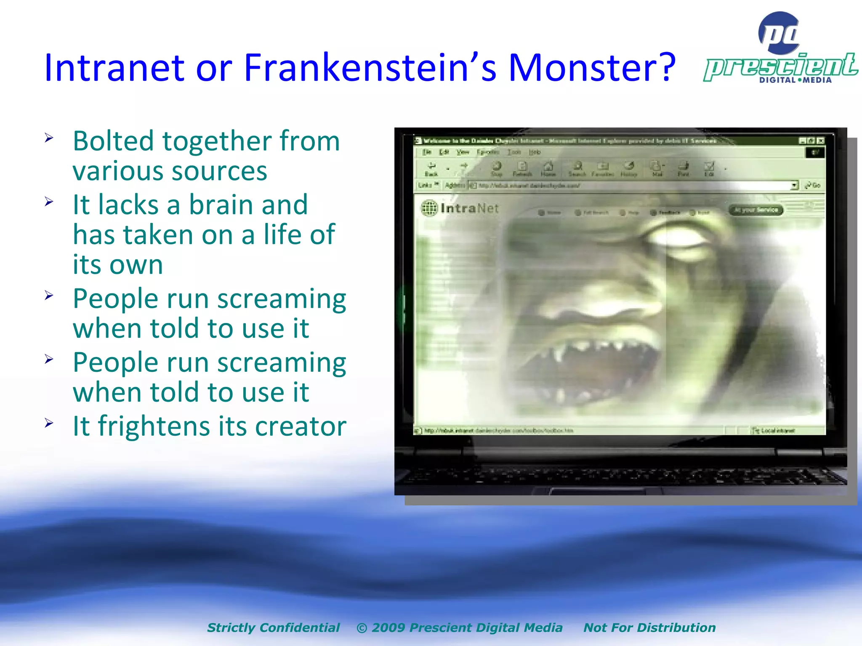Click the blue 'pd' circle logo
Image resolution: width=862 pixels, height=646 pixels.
coord(779,33)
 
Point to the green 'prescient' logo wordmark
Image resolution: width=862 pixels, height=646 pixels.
coord(781,66)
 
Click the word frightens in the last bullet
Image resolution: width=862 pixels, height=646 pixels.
coord(154,426)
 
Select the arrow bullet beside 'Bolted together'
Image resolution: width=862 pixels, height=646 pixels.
coord(49,138)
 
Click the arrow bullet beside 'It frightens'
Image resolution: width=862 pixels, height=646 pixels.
coord(49,423)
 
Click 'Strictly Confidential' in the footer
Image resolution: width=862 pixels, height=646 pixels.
coord(273,627)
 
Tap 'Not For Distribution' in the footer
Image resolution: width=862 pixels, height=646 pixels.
coord(649,627)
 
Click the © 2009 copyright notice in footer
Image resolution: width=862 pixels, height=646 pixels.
coord(459,627)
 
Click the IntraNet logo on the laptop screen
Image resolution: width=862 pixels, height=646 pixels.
coord(460,208)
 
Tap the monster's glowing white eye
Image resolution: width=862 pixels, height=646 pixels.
coord(678,238)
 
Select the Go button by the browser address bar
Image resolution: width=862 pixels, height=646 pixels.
coord(813,185)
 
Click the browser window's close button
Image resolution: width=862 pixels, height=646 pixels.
coord(820,141)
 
